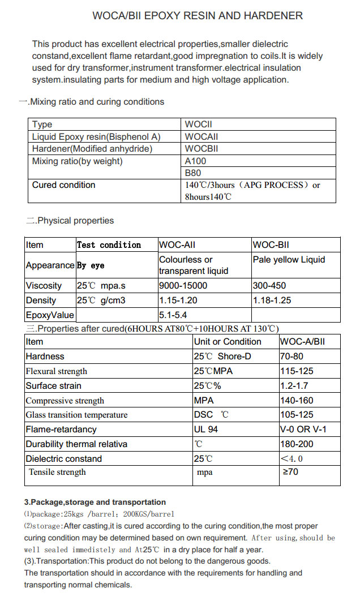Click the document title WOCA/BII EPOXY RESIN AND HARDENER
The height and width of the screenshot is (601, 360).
(198, 16)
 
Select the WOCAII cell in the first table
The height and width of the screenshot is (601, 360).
(202, 136)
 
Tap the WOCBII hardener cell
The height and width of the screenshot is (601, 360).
(202, 149)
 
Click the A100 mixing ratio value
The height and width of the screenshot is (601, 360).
(196, 161)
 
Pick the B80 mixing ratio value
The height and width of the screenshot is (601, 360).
(193, 173)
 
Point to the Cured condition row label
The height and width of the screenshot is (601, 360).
(64, 185)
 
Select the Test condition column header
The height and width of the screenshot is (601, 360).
(109, 245)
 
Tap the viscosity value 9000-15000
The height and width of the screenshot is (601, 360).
(183, 286)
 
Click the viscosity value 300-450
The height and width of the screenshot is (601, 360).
(269, 286)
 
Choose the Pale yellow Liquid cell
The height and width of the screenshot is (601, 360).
(289, 260)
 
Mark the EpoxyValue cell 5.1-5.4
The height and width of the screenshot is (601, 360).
(173, 315)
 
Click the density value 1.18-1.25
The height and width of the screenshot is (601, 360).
(272, 300)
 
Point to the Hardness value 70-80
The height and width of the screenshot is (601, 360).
(292, 357)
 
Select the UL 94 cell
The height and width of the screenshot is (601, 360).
(206, 430)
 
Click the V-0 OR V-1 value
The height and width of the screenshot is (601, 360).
(303, 430)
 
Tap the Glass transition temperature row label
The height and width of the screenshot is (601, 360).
(76, 415)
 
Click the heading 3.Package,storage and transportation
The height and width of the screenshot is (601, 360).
(95, 502)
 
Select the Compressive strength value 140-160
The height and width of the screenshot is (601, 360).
(297, 401)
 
